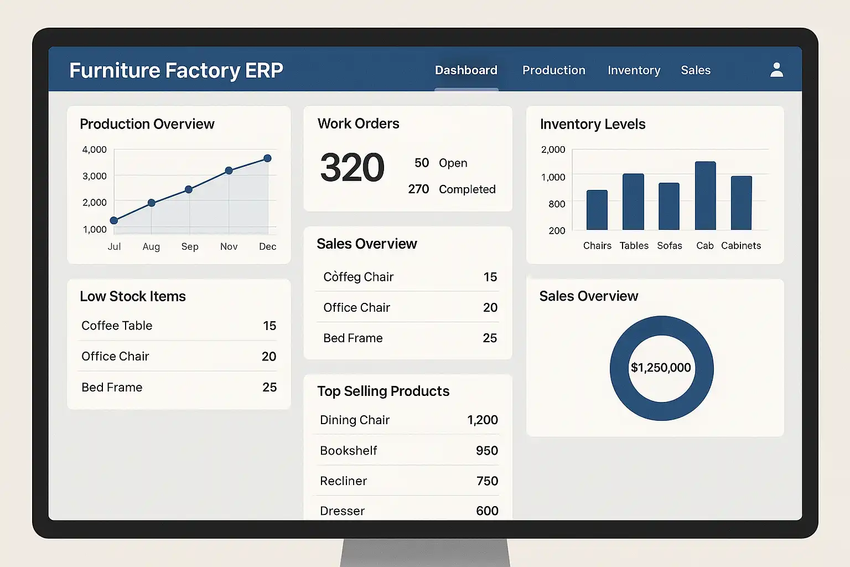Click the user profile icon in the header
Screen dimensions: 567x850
[x=776, y=70]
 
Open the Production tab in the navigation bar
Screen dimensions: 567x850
[x=553, y=70]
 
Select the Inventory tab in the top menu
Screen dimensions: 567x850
[x=634, y=70]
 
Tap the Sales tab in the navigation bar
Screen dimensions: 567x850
[x=696, y=70]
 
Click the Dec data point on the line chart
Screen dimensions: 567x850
[x=267, y=158]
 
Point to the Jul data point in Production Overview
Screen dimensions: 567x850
[x=114, y=220]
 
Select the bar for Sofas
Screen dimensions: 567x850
[x=668, y=206]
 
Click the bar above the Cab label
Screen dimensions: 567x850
[x=705, y=195]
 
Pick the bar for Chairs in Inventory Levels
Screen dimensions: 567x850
[x=597, y=210]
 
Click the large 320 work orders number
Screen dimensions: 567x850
[x=352, y=168]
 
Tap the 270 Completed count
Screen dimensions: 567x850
[x=418, y=189]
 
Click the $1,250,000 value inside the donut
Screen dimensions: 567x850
[x=661, y=368]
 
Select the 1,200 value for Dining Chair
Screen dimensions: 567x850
[x=482, y=420]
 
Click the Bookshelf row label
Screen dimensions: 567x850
[x=348, y=451]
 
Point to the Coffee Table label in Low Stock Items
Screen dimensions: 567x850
[x=117, y=326]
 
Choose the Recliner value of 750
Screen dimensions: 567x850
[x=487, y=481]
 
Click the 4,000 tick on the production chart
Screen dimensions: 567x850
[x=95, y=150]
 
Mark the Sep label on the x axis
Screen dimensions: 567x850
[x=190, y=246]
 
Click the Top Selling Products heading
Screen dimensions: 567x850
[x=383, y=391]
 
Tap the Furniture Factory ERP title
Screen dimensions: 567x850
[x=176, y=70]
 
